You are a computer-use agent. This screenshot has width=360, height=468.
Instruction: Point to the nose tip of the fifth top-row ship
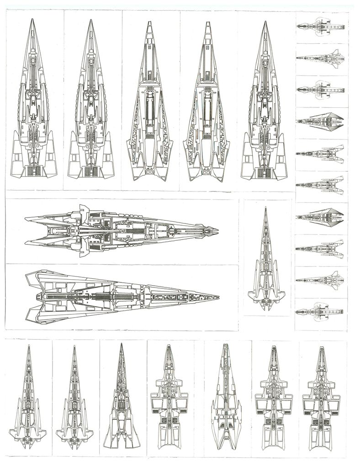tap(265, 21)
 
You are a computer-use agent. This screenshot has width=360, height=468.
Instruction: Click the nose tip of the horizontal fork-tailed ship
tap(218, 230)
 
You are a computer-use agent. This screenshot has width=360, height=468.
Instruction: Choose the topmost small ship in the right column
tap(320, 26)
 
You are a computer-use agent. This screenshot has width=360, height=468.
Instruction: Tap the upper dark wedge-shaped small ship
tap(320, 121)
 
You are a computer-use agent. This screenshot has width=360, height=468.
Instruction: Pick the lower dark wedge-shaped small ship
tap(320, 215)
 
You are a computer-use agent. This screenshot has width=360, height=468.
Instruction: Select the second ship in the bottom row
tap(74, 402)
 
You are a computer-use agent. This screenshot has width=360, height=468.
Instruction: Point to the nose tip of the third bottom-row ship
tap(122, 344)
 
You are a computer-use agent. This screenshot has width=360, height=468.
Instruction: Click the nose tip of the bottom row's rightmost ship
tap(321, 346)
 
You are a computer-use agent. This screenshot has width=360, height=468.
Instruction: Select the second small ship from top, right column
tap(320, 58)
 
